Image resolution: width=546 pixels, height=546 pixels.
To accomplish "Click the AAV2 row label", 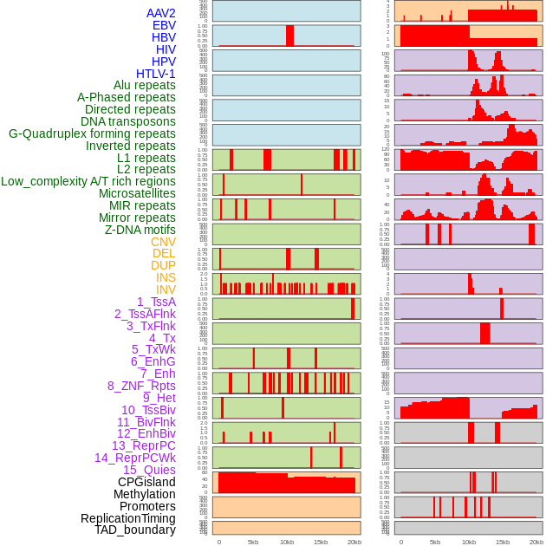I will (160, 13).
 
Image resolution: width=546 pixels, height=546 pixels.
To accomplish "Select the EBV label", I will (164, 25).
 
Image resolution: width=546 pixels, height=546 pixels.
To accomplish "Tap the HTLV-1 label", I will (156, 74).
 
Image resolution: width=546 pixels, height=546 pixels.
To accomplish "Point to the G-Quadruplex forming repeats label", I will (92, 133).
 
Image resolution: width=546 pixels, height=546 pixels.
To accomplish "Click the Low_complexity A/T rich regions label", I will (88, 181).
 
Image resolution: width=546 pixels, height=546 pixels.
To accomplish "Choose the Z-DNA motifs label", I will (140, 230).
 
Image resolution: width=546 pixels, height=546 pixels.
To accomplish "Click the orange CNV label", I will (163, 242).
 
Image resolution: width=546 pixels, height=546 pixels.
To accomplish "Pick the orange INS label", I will (166, 277).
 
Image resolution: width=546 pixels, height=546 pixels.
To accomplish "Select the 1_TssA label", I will (156, 302).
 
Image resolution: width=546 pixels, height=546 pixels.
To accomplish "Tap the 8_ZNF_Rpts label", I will (141, 386).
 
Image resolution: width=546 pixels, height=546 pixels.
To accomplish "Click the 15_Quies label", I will (149, 470).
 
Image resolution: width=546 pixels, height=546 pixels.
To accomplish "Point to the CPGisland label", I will (146, 482).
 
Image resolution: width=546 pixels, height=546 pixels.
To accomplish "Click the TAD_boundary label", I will (135, 530).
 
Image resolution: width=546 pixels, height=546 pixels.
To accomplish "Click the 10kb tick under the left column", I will (287, 542).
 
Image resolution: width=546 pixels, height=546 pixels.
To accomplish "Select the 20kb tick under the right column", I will (536, 542).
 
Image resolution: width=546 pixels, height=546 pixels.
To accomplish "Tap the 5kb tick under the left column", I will (253, 542).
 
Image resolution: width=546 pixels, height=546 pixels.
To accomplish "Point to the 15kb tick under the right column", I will (503, 542).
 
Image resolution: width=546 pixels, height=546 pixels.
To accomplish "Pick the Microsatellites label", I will (137, 193).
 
